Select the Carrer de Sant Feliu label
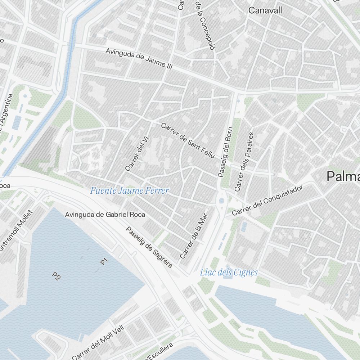click(188, 140)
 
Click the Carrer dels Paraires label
click(244, 162)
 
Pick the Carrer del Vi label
click(134, 155)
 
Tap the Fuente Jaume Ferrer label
click(129, 190)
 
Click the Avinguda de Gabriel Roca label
click(105, 215)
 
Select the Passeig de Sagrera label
click(149, 247)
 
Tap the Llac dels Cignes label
click(229, 272)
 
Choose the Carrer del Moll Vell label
click(98, 342)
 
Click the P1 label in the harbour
click(104, 261)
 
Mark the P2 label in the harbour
click(56, 276)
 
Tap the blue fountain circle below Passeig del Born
click(221, 201)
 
